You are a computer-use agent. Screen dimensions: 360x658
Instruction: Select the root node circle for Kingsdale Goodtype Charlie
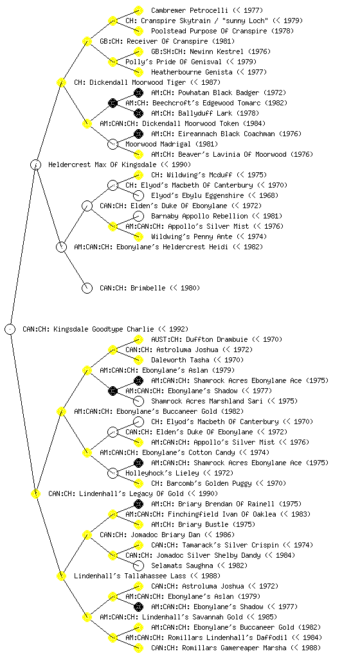(x=10, y=329)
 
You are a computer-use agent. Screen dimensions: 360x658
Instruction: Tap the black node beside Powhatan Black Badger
(x=138, y=93)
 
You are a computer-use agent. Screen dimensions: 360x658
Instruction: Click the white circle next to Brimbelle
(x=87, y=288)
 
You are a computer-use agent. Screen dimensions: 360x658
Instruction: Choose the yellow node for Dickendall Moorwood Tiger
(x=61, y=82)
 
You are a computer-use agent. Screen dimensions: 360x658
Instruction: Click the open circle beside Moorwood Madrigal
(x=113, y=144)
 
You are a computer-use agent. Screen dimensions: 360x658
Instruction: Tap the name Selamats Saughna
(x=182, y=565)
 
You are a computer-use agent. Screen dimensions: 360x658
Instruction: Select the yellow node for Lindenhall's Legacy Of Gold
(x=35, y=493)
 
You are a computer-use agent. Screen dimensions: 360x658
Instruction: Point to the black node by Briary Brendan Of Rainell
(x=138, y=504)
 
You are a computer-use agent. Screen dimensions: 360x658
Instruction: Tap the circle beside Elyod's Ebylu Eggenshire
(x=138, y=195)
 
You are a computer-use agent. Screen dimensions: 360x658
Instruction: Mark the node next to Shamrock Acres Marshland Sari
(x=138, y=401)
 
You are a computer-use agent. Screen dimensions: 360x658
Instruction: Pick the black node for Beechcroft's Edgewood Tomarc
(x=113, y=103)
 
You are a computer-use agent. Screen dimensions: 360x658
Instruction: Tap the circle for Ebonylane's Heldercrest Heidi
(x=61, y=247)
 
